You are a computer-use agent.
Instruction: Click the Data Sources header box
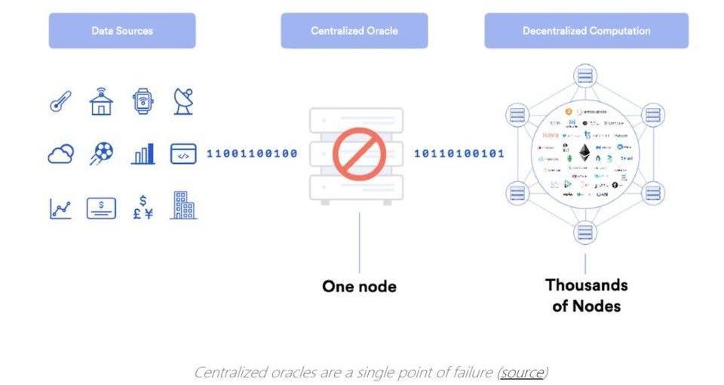click(122, 31)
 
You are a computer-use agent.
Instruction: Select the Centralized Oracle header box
click(354, 31)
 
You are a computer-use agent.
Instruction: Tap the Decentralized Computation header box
click(586, 31)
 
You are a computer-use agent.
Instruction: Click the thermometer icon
click(60, 101)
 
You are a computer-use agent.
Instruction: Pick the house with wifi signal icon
click(101, 100)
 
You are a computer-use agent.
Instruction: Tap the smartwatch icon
click(142, 101)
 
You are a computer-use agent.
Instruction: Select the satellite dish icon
click(183, 100)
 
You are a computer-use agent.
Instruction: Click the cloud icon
click(60, 154)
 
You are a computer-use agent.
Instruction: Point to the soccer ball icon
click(101, 153)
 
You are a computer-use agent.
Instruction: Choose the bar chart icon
click(143, 154)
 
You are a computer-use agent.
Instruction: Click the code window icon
click(183, 153)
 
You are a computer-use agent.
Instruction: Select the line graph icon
click(60, 208)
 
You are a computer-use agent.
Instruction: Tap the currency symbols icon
click(143, 206)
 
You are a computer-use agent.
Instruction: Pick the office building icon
click(183, 205)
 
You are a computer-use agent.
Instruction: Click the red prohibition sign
click(359, 153)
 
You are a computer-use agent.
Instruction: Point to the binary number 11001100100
click(252, 154)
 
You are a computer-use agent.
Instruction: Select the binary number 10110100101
click(459, 154)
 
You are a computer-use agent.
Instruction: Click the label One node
click(359, 287)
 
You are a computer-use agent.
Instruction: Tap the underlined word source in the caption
click(522, 372)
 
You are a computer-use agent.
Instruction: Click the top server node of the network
click(584, 76)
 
